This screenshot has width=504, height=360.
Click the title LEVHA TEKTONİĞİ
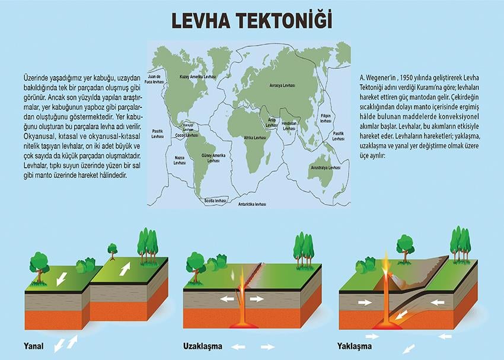(252, 20)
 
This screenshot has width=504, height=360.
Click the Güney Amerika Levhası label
(213, 157)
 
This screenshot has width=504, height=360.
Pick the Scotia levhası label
(215, 200)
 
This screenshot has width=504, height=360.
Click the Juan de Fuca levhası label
(155, 79)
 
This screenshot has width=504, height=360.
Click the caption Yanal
(34, 345)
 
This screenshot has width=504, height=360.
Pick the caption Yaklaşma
(354, 345)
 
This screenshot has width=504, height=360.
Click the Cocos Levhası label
(188, 135)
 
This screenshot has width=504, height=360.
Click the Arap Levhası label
(271, 122)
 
